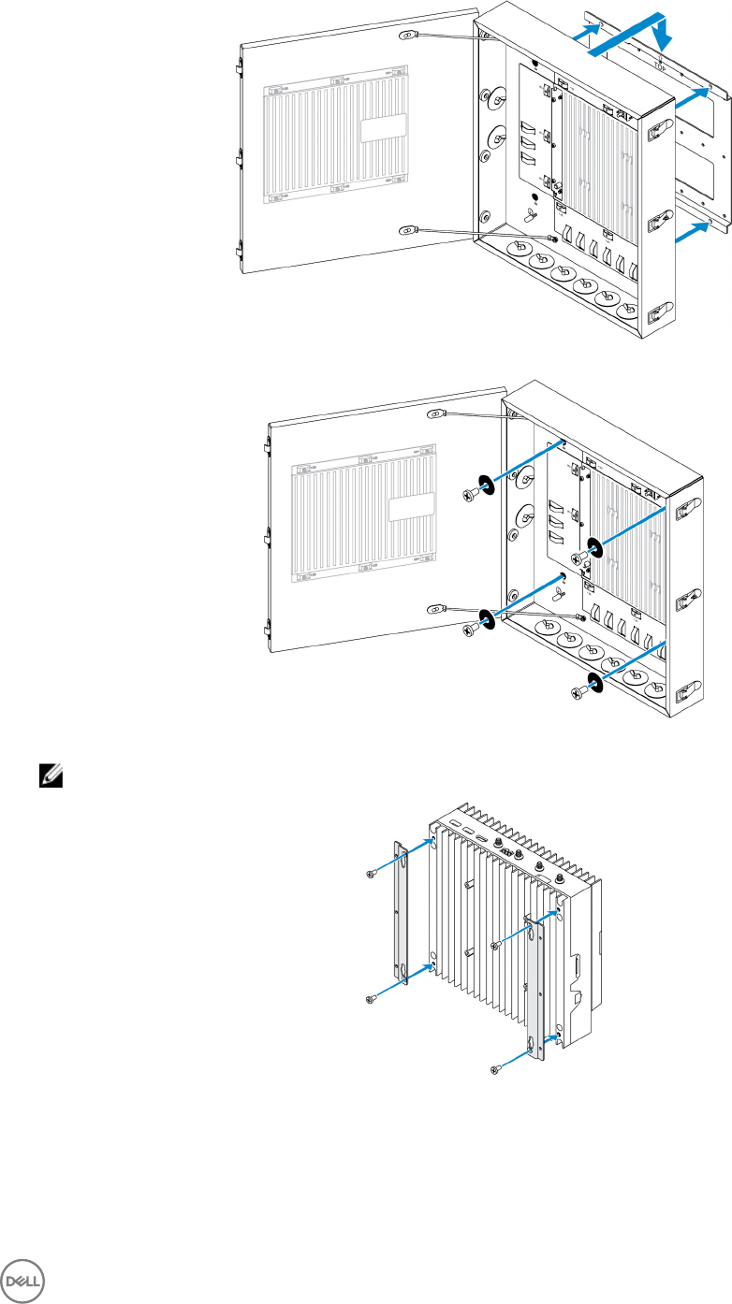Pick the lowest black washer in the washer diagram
(593, 680)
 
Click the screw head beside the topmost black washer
(468, 497)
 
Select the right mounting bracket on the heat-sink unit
(536, 992)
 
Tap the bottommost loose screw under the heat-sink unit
(496, 1066)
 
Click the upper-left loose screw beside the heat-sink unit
(371, 874)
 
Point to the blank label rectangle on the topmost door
(385, 126)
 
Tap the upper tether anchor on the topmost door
(407, 38)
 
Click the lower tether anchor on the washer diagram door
(434, 609)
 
